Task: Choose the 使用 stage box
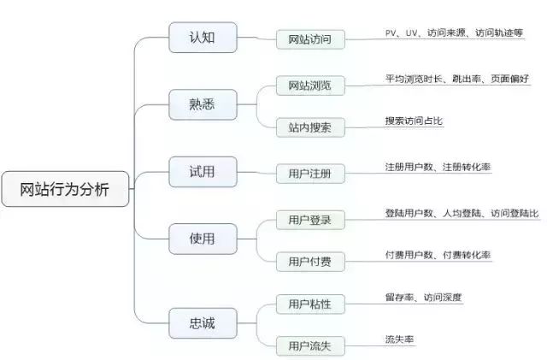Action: point(203,239)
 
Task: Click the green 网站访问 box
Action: point(309,39)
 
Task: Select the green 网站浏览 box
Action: point(309,86)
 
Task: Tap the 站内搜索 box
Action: point(309,127)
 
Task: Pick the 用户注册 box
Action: point(309,174)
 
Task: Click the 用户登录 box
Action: point(309,220)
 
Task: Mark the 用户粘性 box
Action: point(309,304)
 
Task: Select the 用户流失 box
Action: point(309,345)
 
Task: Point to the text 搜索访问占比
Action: point(415,121)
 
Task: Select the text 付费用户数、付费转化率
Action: point(438,256)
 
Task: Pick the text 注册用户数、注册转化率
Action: point(438,168)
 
